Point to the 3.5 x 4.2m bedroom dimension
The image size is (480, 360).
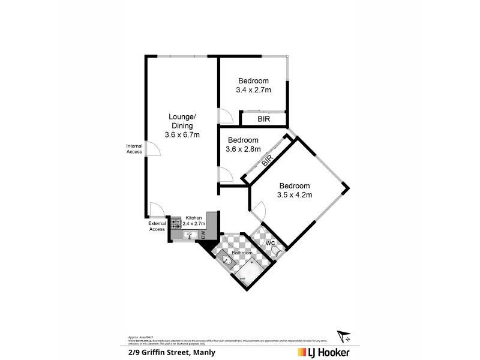(294, 194)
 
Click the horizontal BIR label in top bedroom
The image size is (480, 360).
(263, 119)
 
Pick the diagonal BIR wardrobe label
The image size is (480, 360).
(268, 160)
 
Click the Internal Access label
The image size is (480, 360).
(134, 149)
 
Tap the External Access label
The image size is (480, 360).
(157, 226)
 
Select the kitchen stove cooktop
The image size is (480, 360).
(176, 224)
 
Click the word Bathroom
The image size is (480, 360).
(242, 253)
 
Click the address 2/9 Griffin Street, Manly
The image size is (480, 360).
(172, 352)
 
